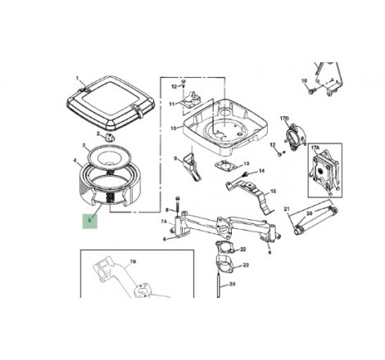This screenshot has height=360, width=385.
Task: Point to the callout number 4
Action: click(75, 160)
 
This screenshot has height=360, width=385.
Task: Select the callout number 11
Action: click(173, 104)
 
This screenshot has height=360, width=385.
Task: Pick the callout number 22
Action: click(240, 248)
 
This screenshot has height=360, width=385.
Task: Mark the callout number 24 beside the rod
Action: click(233, 285)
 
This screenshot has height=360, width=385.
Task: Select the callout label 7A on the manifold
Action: click(164, 222)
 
